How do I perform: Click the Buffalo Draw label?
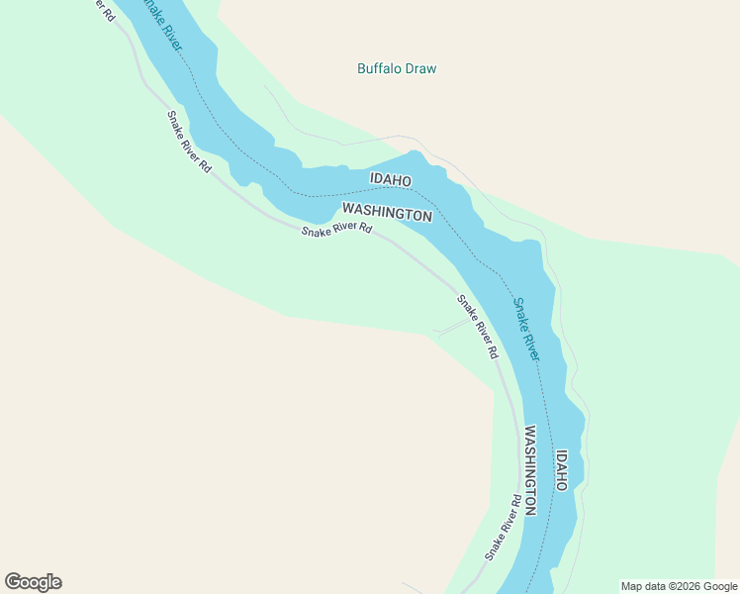point(396,69)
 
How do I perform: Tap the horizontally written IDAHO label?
point(390,179)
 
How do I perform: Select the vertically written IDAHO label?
point(561,470)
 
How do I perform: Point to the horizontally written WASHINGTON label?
point(387,212)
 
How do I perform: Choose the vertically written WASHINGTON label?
point(530,469)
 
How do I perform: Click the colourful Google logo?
point(33,582)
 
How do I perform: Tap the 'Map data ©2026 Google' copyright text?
point(678,586)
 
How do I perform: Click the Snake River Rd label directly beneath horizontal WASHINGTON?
point(336,230)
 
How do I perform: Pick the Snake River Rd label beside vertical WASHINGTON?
point(503,528)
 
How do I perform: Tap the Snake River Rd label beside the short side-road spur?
point(477,326)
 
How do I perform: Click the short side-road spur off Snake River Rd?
point(453,327)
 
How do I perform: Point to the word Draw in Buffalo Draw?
point(419,69)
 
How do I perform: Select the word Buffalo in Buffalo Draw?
point(378,69)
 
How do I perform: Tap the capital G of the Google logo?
point(13,582)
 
